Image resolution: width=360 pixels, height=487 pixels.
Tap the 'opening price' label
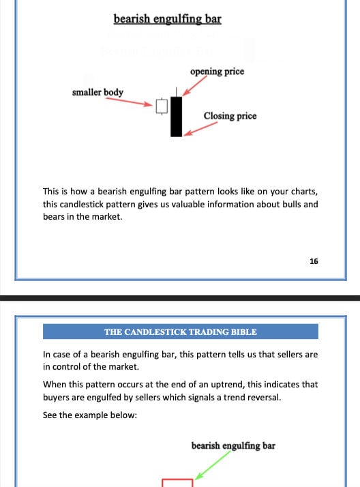tap(217, 71)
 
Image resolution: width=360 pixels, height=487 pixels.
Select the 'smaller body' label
tap(97, 91)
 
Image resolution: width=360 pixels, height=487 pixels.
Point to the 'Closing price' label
tap(230, 116)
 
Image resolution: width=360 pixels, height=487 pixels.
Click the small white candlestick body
tap(162, 106)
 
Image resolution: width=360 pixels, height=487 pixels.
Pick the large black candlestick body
tap(177, 116)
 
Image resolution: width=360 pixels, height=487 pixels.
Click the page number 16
tap(314, 261)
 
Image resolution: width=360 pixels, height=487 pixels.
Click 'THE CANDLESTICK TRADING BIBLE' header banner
tap(181, 332)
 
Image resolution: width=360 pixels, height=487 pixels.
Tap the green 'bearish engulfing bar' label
tap(233, 446)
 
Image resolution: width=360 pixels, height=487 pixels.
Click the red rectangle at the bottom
tap(177, 483)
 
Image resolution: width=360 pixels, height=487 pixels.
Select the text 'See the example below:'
tap(89, 415)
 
